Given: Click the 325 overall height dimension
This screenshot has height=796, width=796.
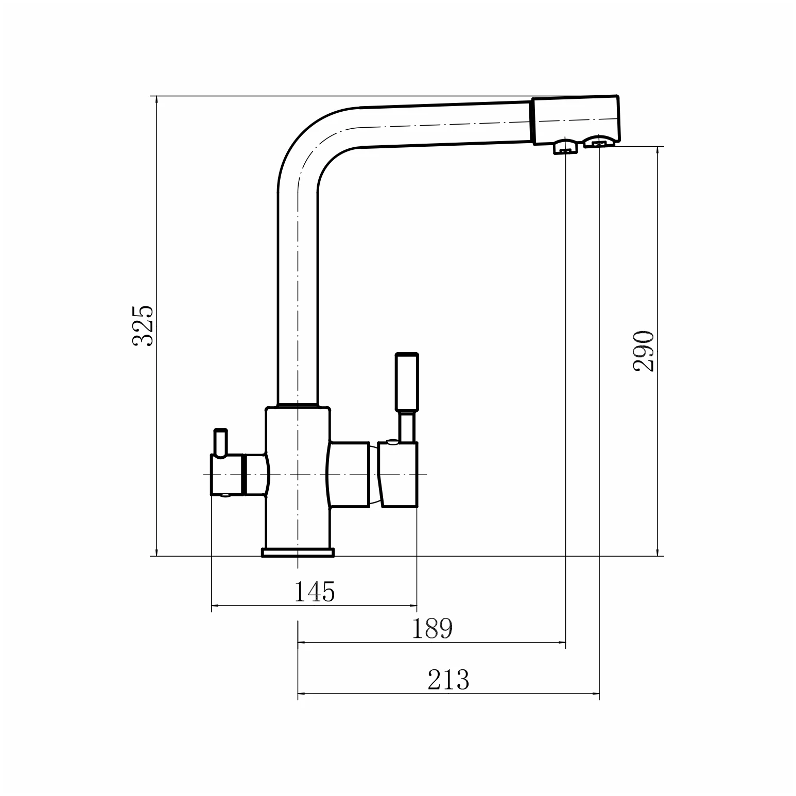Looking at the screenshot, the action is [143, 325].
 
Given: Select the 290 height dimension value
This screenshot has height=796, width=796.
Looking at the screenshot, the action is [644, 351].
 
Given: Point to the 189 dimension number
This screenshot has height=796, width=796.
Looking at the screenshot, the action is [432, 629].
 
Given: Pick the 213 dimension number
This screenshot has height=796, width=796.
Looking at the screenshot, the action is [448, 680].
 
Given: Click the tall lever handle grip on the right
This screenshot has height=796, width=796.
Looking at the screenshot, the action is [407, 382].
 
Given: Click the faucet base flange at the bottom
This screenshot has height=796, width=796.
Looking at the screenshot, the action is [298, 552].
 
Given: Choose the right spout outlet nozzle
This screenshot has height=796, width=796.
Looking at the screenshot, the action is [598, 141].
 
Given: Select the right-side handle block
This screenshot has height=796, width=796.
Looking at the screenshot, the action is [397, 475].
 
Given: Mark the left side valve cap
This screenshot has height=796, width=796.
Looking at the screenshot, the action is [226, 475].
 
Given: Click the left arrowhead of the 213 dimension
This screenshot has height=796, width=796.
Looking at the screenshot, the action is [302, 695].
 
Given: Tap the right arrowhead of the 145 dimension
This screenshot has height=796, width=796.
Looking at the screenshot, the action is [412, 605].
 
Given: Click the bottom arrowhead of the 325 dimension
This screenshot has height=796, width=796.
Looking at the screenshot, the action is [157, 551].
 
